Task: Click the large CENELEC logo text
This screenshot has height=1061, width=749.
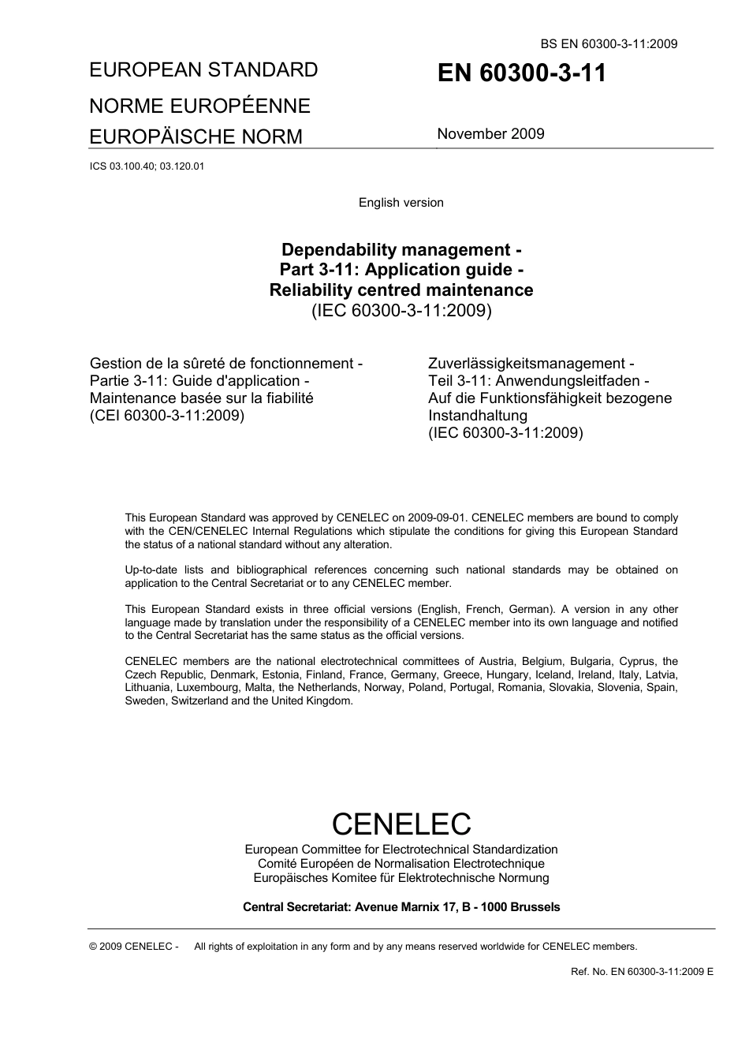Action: (401, 824)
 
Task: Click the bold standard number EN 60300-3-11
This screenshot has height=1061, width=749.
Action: (521, 73)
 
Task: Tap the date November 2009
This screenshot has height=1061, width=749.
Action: (490, 133)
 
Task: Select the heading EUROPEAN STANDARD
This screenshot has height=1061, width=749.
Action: (204, 69)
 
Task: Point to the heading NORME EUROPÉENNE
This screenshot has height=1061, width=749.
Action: (200, 106)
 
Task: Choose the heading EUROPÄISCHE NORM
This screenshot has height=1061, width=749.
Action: (196, 136)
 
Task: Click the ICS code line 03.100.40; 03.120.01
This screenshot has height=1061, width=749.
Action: (147, 166)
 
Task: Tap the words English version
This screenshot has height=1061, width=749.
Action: (401, 203)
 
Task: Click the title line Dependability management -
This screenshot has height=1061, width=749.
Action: (401, 250)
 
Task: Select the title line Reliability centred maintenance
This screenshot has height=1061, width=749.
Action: (401, 290)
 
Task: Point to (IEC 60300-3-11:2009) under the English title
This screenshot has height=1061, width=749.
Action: (401, 310)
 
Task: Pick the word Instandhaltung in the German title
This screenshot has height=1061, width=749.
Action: (478, 416)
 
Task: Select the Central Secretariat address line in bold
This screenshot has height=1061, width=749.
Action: (401, 907)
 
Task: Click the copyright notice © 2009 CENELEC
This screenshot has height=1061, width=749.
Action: (135, 947)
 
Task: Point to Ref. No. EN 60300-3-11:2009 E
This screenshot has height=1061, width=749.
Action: (642, 971)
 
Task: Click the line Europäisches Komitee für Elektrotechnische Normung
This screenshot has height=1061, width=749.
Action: (401, 878)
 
